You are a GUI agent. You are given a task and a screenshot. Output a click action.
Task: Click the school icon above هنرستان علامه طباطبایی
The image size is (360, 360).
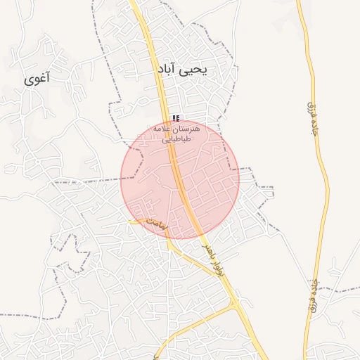coord(176,118)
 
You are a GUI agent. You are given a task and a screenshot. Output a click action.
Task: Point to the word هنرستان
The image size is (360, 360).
coord(188,129)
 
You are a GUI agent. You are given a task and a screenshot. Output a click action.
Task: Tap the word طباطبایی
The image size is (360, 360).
coord(176,139)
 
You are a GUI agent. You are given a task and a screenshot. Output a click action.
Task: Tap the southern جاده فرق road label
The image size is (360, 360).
coord(311,295)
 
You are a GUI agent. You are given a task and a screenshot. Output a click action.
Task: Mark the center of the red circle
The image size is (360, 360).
coord(180,179)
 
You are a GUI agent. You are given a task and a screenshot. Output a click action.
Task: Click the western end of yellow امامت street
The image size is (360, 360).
coord(130,221)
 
